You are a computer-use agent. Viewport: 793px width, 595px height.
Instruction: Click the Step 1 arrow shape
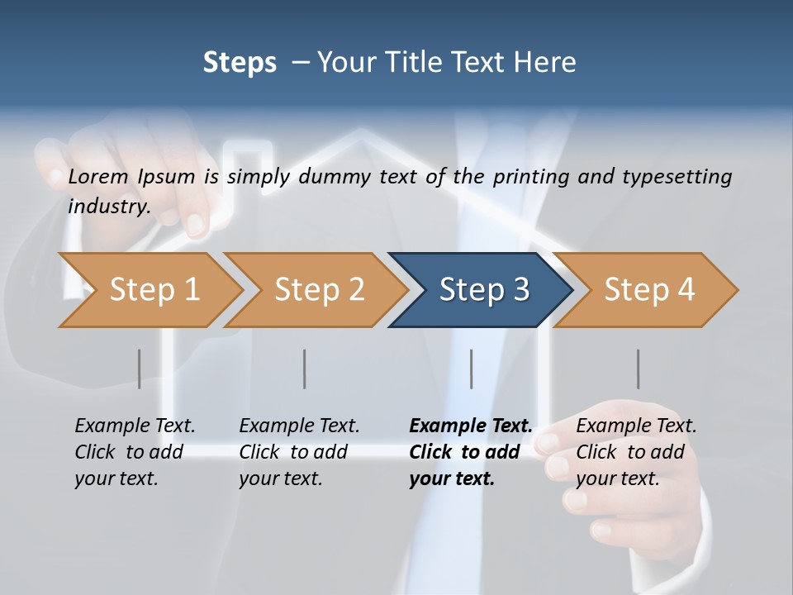153,290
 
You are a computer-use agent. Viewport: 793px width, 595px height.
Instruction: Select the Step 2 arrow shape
318,290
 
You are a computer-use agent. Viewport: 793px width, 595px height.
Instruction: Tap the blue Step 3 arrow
482,290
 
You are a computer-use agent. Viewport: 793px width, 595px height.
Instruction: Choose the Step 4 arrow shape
648,290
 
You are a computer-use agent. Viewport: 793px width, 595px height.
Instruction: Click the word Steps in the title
240,63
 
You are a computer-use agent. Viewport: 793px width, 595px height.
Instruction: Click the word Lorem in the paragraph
98,177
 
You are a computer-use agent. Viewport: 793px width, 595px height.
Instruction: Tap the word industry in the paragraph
108,206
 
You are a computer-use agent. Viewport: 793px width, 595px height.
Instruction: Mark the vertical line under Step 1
140,369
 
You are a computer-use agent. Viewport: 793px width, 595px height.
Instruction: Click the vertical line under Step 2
305,369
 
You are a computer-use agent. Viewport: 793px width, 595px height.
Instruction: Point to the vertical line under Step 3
472,369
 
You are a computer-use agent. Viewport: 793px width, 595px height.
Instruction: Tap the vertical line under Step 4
639,369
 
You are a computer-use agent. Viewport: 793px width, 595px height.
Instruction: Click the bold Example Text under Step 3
471,426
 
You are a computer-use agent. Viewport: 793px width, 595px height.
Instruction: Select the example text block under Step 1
135,452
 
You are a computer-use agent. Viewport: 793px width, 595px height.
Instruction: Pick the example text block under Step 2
299,452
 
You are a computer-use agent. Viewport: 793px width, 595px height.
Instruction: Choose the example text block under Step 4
636,452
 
